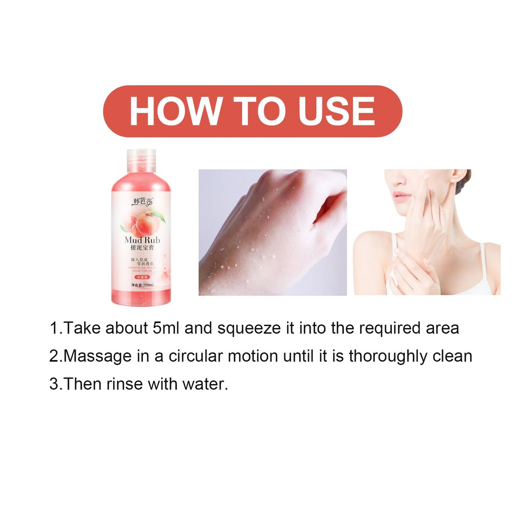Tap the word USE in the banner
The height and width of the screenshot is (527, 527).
(x=336, y=111)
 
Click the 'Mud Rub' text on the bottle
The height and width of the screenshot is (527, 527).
(x=142, y=240)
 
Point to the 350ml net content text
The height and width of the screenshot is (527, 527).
(x=142, y=285)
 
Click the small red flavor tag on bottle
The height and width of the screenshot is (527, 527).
(x=142, y=277)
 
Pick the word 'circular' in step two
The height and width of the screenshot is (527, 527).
(x=195, y=356)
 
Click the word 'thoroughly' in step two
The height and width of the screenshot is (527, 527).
(x=388, y=356)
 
